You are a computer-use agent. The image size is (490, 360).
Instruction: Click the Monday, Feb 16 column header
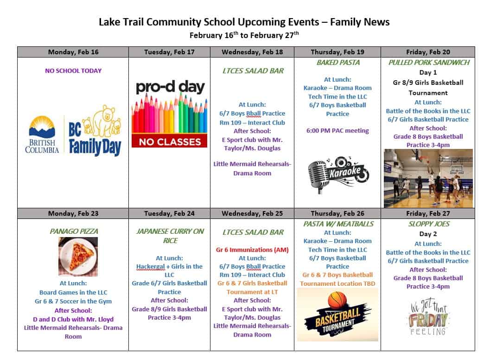[x=73, y=52]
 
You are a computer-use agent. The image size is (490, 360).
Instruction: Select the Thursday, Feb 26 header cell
[x=337, y=213]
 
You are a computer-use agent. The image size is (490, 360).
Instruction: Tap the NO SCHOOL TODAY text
[x=73, y=71]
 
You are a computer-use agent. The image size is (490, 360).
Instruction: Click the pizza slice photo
[x=78, y=257]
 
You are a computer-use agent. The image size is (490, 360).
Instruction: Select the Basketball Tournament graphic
[x=337, y=315]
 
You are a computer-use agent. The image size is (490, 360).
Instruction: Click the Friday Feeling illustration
[x=428, y=318]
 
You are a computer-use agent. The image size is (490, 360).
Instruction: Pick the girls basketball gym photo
[x=428, y=178]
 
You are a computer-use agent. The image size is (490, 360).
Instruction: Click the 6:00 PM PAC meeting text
[x=337, y=131]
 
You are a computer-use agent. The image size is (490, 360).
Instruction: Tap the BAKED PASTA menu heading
[x=337, y=63]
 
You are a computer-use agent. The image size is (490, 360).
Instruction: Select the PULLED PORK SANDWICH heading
[x=428, y=63]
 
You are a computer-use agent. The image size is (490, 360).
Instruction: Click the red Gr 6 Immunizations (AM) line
[x=252, y=250]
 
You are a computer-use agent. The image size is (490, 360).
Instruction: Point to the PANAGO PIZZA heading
[x=73, y=231]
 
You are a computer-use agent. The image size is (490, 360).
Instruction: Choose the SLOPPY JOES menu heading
[x=428, y=224]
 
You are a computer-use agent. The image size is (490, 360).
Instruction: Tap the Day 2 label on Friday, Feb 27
[x=428, y=234]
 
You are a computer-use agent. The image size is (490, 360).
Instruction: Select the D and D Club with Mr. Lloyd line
[x=73, y=319]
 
